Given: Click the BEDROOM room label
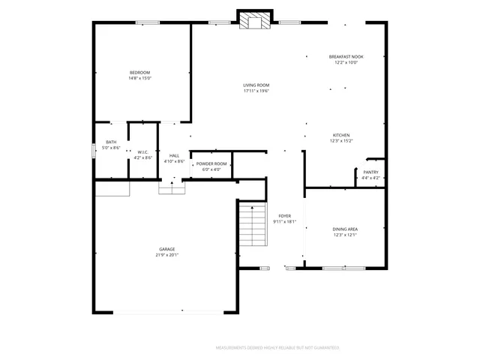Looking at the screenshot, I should pos(139,72).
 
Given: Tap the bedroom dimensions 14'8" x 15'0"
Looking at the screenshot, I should pos(139,78).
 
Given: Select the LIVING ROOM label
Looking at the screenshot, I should pos(256,85).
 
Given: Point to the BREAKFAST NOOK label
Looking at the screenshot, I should pos(346,57).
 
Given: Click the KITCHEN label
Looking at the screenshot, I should pos(341,134).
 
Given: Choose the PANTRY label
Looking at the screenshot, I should pos(370,172).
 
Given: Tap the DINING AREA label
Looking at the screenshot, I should pos(345,229).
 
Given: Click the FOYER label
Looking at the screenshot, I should pos(284,215).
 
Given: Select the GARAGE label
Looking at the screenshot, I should pos(166,248).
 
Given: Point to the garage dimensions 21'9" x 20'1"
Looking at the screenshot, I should pos(166,254).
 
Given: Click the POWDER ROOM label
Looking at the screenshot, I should pos(211,163).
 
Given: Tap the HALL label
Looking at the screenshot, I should pos(174,155).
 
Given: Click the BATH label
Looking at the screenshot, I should pos(111,142).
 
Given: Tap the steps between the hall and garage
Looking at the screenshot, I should pos(172,189).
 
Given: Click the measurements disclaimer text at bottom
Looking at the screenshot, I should pos(277,348).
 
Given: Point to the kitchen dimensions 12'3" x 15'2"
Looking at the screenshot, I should pos(341,140).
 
